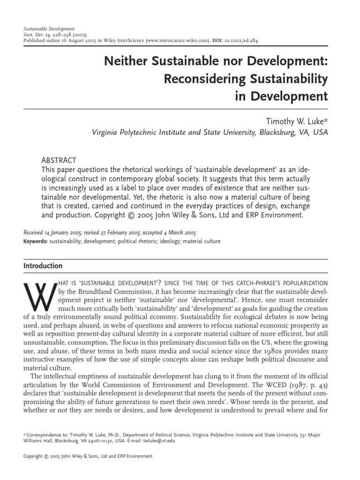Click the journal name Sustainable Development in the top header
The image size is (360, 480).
[49, 29]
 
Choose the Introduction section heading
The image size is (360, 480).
[43, 266]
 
